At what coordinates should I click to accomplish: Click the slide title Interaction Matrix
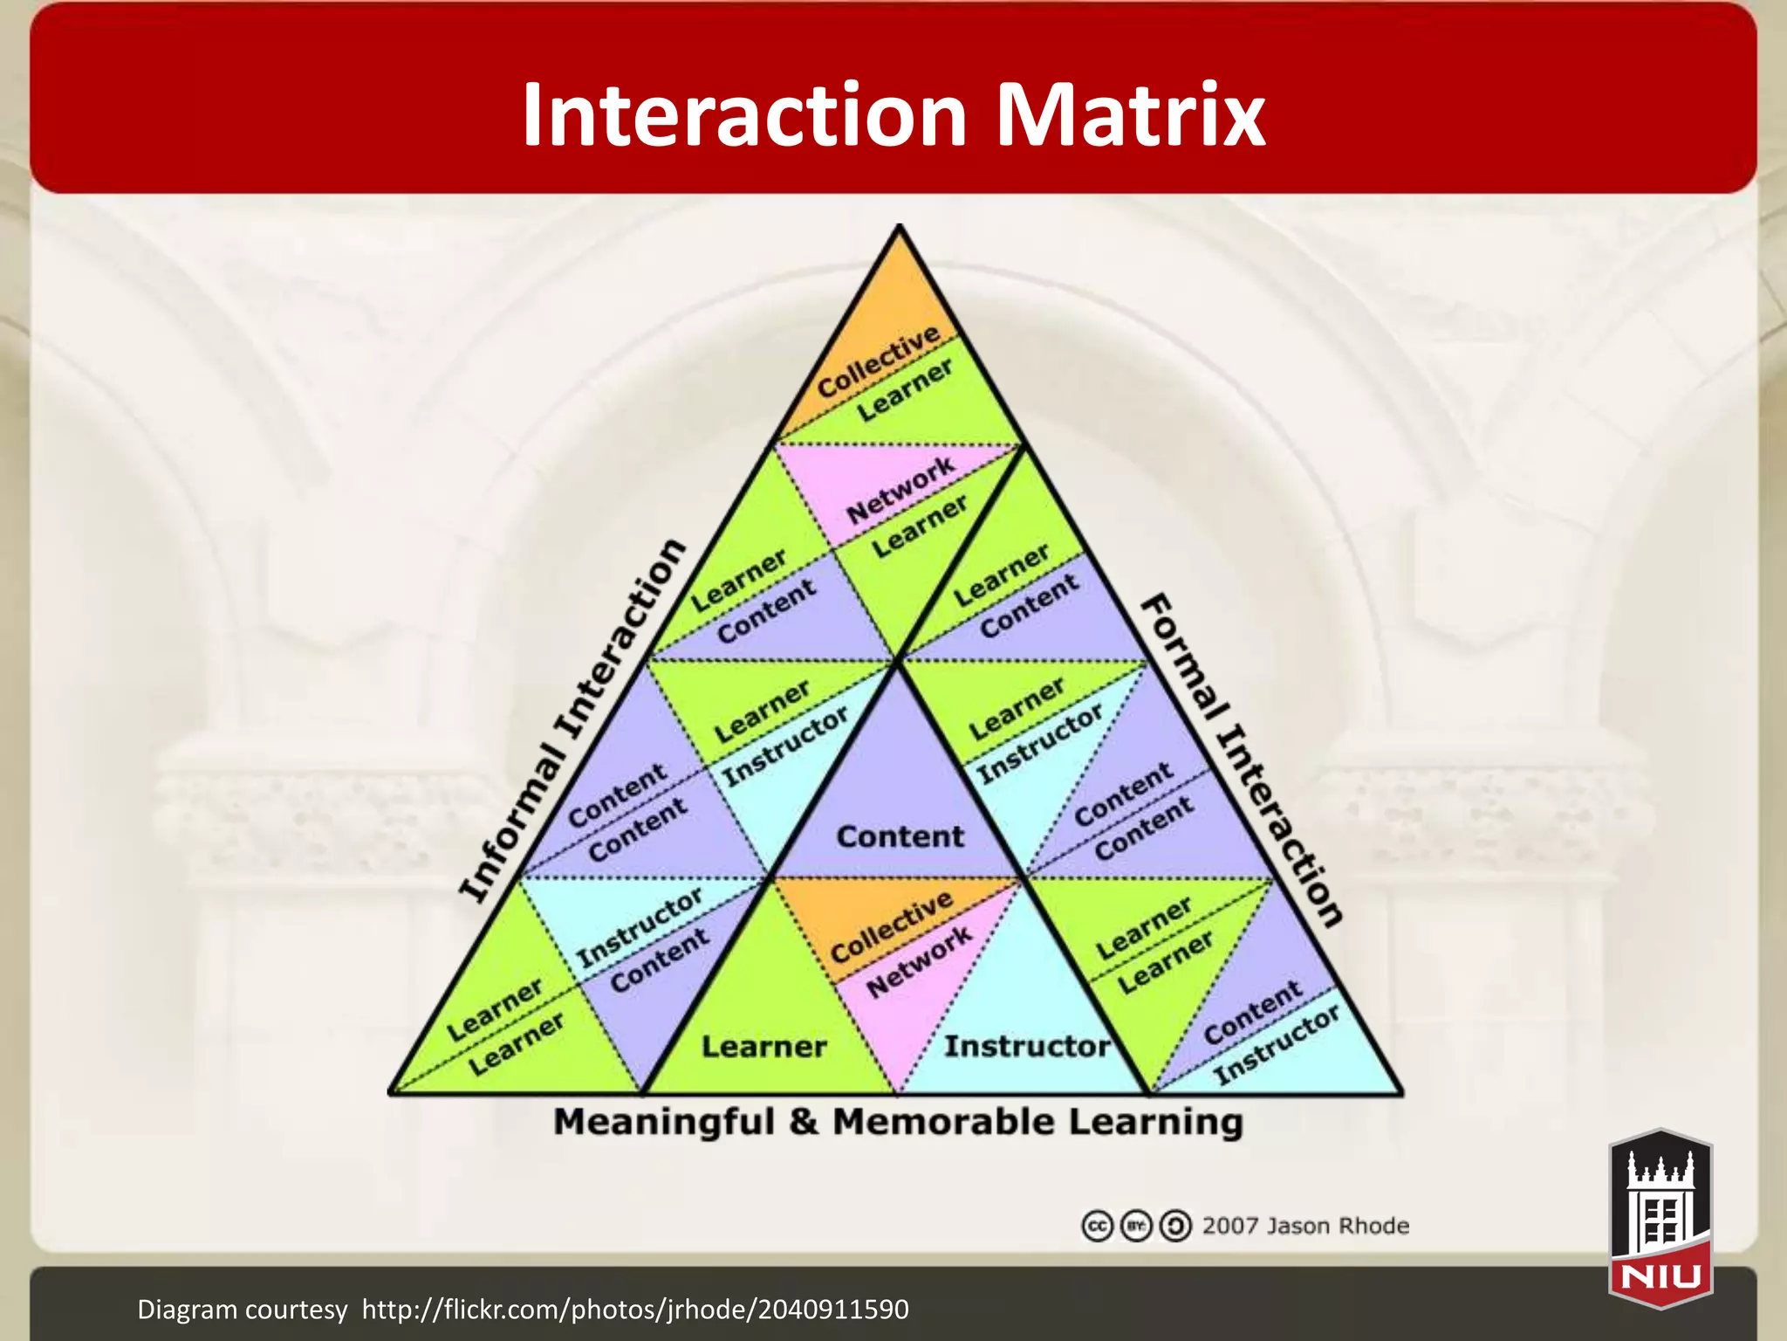coord(893,114)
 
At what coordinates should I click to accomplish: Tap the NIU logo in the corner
coord(1660,1219)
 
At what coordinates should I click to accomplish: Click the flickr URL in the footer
coord(635,1310)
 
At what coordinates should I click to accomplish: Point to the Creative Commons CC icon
coord(1097,1227)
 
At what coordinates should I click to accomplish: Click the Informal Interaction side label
coord(572,719)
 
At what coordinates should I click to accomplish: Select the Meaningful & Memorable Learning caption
coord(898,1122)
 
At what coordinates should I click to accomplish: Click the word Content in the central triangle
coord(900,836)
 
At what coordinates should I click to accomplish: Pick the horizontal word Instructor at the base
coord(1027,1046)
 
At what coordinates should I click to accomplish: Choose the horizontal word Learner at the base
coord(763,1046)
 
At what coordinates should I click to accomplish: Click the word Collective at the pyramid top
coord(878,361)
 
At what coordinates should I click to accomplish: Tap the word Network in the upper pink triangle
coord(900,490)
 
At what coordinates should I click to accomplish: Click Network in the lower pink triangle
coord(919,961)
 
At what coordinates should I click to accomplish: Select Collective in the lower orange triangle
coord(891,926)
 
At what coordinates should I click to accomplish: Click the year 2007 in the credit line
coord(1229,1226)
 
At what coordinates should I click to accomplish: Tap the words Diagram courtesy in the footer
coord(242,1310)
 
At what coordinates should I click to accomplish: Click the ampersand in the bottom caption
coord(803,1122)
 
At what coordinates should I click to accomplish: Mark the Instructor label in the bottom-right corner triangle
coord(1277,1045)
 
